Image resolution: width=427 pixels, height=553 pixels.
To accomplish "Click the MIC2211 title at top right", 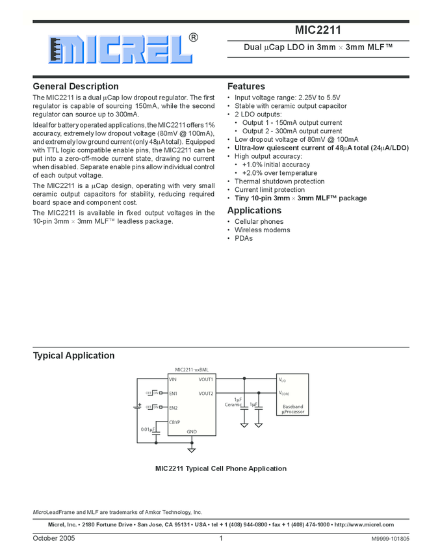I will tap(318, 30).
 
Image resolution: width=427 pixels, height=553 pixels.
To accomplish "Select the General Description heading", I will tap(75, 87).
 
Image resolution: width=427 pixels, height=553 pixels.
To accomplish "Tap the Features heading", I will tap(246, 87).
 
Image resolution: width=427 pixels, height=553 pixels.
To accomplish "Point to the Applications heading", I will tap(254, 210).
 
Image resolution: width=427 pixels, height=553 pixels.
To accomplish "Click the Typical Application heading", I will tap(73, 355).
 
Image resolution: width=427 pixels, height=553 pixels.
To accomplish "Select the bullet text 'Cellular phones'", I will tap(259, 222).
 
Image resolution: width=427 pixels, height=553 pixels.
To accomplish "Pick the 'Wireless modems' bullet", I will tap(262, 230).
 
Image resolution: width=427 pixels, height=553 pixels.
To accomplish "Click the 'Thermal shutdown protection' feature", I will tap(279, 182).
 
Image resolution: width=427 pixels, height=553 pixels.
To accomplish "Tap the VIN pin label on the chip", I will tap(173, 379).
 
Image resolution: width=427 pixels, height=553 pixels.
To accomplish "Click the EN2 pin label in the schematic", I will tap(174, 408).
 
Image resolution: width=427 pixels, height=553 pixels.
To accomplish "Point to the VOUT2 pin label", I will tap(205, 393).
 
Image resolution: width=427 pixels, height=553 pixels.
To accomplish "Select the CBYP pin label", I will tap(175, 422).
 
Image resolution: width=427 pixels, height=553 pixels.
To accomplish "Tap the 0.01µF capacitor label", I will tap(148, 429).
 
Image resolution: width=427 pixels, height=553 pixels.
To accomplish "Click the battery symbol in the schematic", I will tap(138, 406).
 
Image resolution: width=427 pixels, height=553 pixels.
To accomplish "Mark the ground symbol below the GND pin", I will tap(192, 448).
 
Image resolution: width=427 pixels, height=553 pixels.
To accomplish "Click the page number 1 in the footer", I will tap(221, 538).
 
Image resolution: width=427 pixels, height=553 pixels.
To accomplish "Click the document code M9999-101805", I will tap(390, 539).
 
